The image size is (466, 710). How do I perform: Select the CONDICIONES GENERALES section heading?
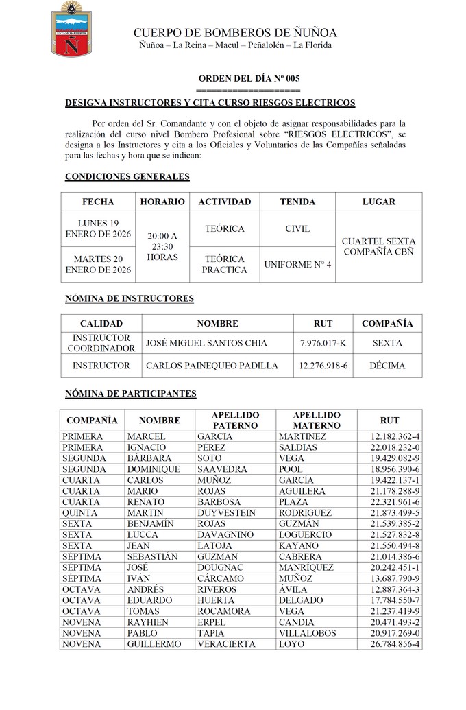click(127, 176)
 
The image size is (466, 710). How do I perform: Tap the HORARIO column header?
click(162, 202)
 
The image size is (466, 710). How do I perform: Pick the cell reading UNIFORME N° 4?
click(297, 264)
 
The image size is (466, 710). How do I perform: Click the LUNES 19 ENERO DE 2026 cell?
click(98, 228)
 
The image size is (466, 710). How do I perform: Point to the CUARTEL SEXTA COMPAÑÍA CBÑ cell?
click(378, 246)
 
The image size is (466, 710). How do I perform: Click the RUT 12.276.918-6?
click(323, 366)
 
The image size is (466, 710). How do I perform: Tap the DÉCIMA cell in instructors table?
click(387, 366)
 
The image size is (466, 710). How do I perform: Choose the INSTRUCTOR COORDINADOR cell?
click(101, 343)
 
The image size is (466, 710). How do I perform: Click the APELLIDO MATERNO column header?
click(316, 420)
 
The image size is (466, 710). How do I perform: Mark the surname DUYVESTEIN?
click(226, 513)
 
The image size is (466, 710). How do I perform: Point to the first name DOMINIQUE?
click(154, 469)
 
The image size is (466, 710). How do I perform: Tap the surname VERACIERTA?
click(226, 644)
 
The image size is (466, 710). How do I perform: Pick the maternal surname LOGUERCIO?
click(306, 535)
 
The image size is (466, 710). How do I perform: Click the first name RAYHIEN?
click(148, 622)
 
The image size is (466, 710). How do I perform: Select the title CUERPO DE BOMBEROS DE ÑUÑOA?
click(235, 33)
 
